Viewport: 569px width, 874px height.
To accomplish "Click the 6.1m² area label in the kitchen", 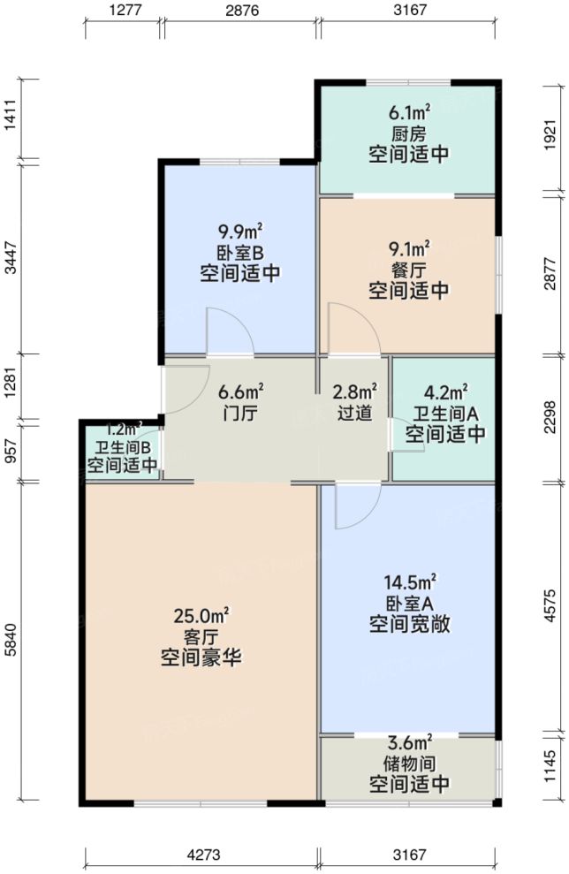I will (409, 112).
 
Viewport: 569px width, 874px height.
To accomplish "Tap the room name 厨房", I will (409, 133).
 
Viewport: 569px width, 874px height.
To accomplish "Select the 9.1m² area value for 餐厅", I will (409, 247).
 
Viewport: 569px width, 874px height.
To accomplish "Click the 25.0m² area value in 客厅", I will (202, 615).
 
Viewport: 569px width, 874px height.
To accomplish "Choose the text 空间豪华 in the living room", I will (202, 658).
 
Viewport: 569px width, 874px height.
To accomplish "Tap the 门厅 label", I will (239, 412).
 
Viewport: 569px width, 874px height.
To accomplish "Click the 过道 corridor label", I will (354, 412).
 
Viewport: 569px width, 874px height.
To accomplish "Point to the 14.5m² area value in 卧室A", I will (409, 581).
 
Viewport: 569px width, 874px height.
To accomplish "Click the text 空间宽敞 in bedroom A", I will (409, 625).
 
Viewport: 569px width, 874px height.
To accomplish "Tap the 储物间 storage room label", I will (409, 763).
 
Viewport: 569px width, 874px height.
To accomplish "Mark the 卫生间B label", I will (123, 447).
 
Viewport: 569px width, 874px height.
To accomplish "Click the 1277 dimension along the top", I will (123, 11).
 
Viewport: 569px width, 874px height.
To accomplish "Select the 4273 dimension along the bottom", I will (202, 855).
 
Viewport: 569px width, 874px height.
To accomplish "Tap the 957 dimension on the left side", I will (10, 452).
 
